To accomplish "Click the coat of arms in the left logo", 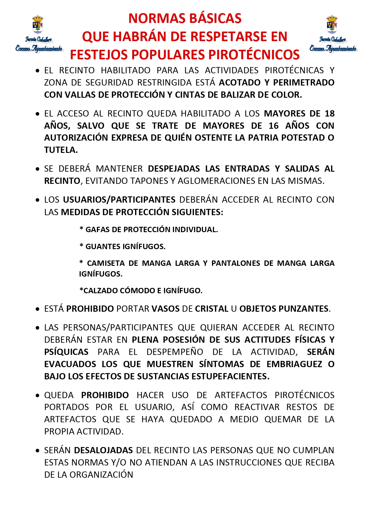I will coord(38,25).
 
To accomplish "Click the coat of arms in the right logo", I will coord(332,25).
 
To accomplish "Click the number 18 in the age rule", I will coord(329,114).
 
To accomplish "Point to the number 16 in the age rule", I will coord(273,126).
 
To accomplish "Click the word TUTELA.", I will coord(61,150).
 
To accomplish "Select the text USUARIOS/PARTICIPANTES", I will coord(119,200).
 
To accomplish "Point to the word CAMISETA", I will coord(106,263).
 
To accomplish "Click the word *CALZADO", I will coord(98,291).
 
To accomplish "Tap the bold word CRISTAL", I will coord(212,309).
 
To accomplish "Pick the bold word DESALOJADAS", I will coord(103,450).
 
